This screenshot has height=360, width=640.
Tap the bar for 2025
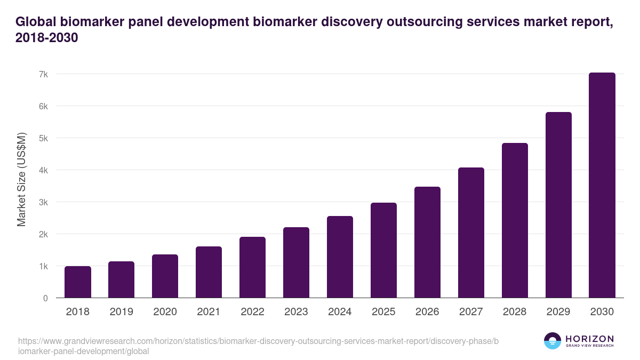click(x=383, y=250)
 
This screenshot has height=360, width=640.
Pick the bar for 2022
click(x=252, y=267)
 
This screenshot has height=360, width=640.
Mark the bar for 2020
click(x=165, y=276)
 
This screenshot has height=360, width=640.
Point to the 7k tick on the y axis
click(x=43, y=74)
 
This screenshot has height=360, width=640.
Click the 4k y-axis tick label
click(x=43, y=170)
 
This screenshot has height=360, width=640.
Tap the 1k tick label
click(x=43, y=266)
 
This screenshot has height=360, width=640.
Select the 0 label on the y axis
click(x=45, y=298)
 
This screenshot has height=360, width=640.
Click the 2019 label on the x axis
click(x=121, y=312)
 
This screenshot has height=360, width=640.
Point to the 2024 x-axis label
click(x=340, y=312)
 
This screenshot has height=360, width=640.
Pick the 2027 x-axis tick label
click(x=471, y=312)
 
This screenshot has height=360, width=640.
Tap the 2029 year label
click(x=558, y=312)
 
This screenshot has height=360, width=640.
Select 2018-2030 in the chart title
click(x=47, y=38)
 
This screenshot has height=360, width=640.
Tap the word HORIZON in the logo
click(x=589, y=339)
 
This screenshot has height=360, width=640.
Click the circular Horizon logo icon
click(x=553, y=341)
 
